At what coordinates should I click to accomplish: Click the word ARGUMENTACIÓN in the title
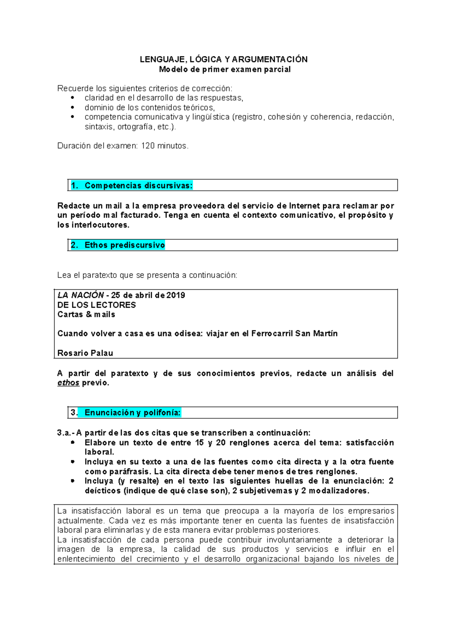tap(270, 59)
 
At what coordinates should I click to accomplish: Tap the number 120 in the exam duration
tap(148, 146)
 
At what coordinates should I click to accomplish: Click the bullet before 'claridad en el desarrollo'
tap(73, 98)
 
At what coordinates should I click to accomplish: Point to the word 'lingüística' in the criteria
tap(211, 117)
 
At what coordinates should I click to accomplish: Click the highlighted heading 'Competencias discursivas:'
tap(138, 185)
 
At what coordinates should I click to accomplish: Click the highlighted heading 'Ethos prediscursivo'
tap(125, 245)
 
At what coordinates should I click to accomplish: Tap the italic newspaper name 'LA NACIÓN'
tap(81, 295)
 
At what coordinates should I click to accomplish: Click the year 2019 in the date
tap(176, 295)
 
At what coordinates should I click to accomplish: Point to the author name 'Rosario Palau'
tap(85, 353)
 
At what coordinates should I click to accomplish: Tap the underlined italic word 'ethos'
tap(68, 383)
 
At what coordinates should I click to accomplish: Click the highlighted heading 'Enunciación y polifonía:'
tap(132, 413)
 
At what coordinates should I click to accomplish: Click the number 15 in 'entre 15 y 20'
tap(199, 443)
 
